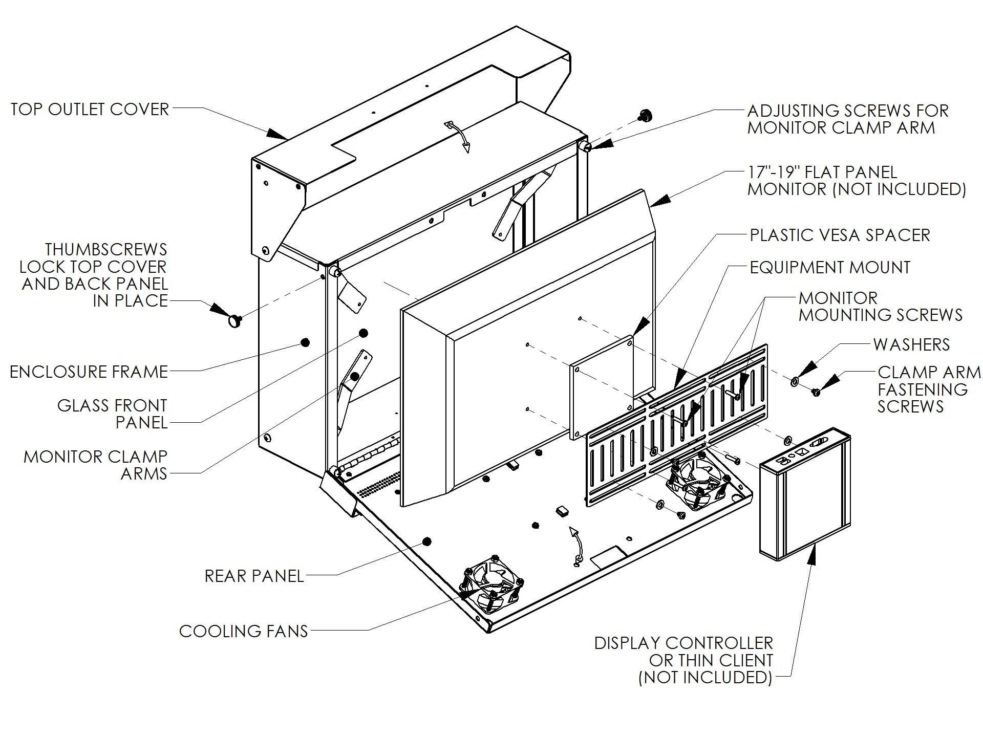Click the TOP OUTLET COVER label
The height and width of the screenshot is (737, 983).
click(90, 109)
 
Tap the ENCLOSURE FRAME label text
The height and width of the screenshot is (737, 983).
click(89, 372)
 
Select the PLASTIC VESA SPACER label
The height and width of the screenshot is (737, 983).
click(840, 235)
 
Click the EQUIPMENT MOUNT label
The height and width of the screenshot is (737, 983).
click(830, 267)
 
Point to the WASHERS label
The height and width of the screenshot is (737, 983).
click(911, 344)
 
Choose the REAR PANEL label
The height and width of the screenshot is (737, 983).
click(254, 576)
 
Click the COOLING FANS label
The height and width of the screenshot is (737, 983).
click(243, 631)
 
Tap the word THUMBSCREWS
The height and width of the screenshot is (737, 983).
click(106, 249)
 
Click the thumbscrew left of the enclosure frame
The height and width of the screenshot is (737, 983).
click(234, 321)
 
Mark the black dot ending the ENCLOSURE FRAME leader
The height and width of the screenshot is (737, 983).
click(305, 342)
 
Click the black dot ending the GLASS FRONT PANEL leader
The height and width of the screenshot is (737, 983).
click(363, 333)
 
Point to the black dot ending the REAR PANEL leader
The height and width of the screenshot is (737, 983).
click(427, 541)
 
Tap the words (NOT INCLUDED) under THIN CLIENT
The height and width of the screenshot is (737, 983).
click(705, 677)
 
